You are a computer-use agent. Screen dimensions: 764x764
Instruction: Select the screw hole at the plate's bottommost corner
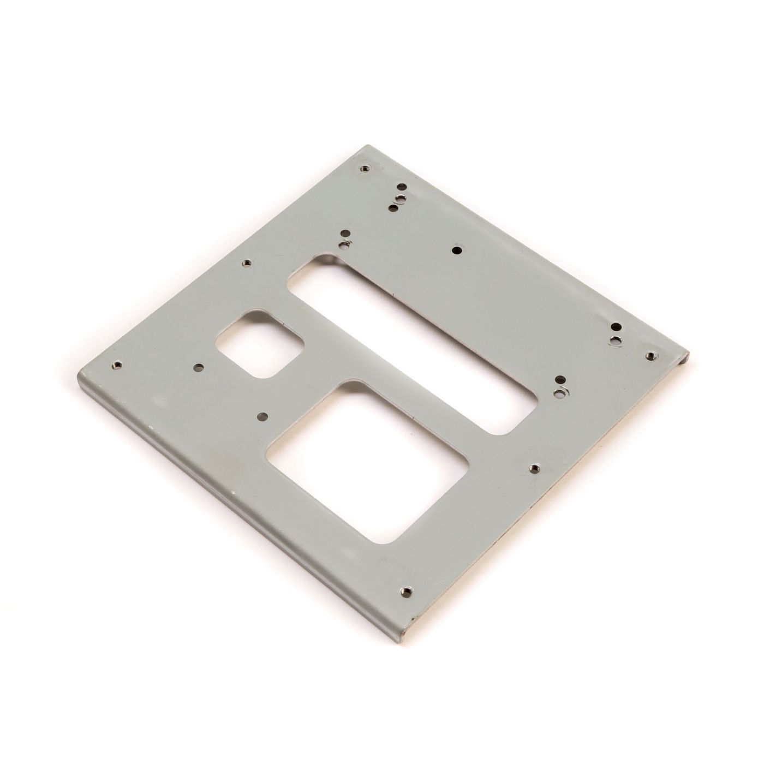(405, 590)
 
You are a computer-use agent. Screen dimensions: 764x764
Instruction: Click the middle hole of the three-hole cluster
(400, 197)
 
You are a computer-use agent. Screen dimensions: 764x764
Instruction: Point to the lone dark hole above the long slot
(457, 250)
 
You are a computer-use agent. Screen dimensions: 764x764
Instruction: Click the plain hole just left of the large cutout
(263, 417)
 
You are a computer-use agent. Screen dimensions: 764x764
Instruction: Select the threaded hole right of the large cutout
(534, 468)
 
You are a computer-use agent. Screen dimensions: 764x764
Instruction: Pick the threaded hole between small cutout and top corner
(247, 262)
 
